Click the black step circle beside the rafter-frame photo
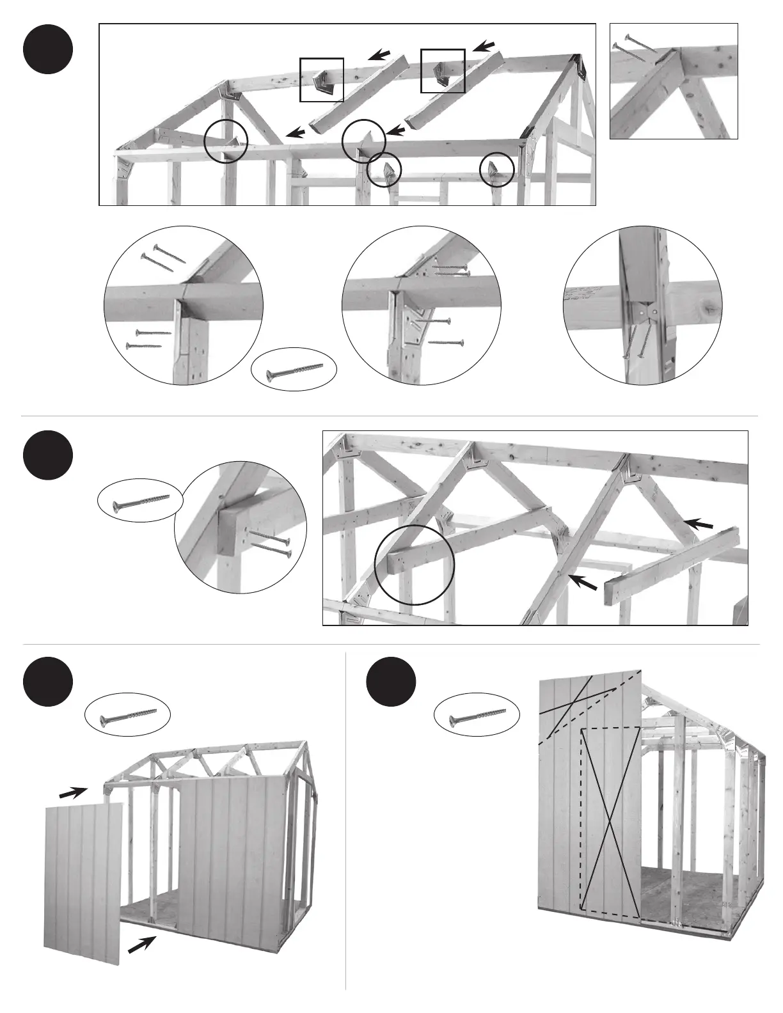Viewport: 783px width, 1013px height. click(48, 455)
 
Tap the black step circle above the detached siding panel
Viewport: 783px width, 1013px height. click(48, 682)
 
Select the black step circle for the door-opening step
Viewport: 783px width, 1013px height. click(391, 682)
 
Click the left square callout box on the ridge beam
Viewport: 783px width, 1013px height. click(322, 80)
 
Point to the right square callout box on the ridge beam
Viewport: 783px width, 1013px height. click(442, 70)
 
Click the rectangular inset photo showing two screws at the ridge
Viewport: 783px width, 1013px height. click(674, 81)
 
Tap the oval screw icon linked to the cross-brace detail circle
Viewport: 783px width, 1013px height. click(140, 503)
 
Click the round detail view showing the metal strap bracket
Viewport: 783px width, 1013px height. click(642, 305)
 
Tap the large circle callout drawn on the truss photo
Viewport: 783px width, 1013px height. click(414, 565)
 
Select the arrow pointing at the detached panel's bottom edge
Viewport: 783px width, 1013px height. click(142, 945)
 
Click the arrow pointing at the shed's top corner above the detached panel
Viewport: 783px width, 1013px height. click(73, 793)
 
